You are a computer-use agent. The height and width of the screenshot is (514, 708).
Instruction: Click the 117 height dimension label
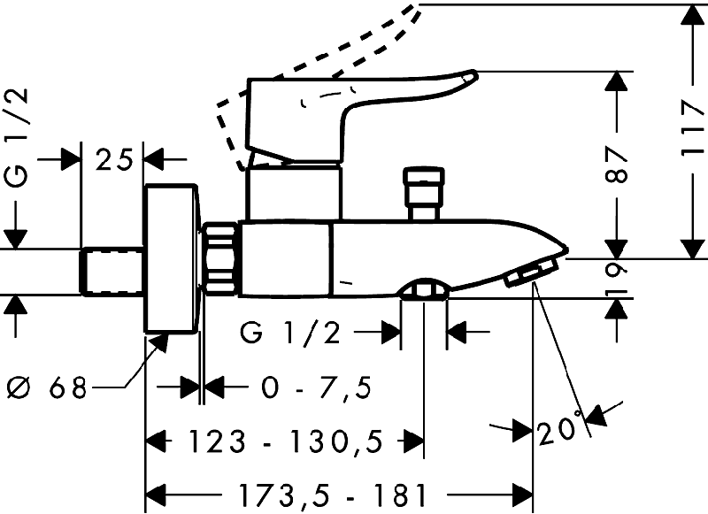click(x=693, y=128)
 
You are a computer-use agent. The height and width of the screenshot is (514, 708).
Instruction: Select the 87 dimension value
click(x=616, y=164)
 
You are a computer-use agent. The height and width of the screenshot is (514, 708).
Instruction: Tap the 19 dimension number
click(x=617, y=279)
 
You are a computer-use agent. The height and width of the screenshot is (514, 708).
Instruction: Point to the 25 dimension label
click(x=115, y=159)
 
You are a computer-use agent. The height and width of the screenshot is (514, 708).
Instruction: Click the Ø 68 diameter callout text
click(x=48, y=387)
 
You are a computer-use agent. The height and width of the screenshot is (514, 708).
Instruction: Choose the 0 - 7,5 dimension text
click(x=317, y=387)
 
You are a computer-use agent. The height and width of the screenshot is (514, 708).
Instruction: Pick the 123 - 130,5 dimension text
click(x=285, y=441)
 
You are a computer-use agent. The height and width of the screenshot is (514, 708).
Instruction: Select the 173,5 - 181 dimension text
click(x=334, y=495)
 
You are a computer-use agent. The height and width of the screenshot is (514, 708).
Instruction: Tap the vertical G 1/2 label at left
click(x=17, y=138)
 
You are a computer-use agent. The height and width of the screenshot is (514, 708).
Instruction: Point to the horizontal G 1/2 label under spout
click(x=290, y=333)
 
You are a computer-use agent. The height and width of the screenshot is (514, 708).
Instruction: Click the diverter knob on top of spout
click(x=424, y=194)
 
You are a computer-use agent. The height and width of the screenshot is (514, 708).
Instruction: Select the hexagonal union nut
click(x=219, y=258)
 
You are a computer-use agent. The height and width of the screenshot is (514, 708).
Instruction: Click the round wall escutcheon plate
click(x=172, y=258)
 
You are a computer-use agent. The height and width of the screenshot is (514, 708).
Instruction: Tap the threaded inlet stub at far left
click(x=112, y=272)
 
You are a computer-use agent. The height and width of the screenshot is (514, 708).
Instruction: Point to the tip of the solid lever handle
click(x=475, y=73)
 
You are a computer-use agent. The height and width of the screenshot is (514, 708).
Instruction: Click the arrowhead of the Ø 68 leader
click(x=162, y=341)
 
